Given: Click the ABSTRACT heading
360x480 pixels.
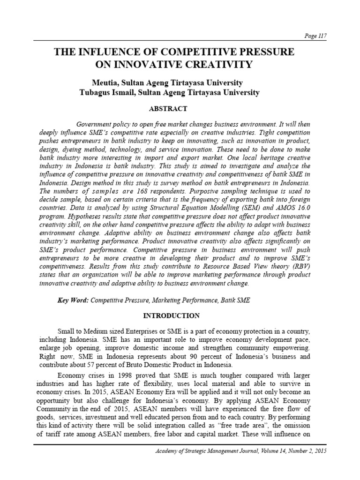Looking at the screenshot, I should (168, 109).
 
